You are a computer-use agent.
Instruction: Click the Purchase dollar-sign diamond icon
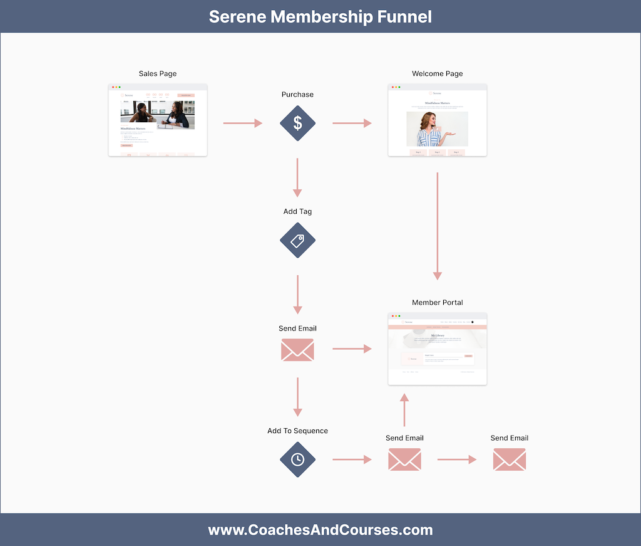pyautogui.click(x=297, y=123)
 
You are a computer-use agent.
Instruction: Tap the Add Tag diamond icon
pyautogui.click(x=297, y=240)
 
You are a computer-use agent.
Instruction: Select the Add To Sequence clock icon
pyautogui.click(x=297, y=459)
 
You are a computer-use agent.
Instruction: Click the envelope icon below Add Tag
pyautogui.click(x=297, y=350)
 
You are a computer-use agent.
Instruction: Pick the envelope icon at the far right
pyautogui.click(x=509, y=459)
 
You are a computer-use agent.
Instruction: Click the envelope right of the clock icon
pyautogui.click(x=404, y=459)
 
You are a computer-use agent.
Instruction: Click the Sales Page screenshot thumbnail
pyautogui.click(x=158, y=120)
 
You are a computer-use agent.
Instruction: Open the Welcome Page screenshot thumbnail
pyautogui.click(x=437, y=120)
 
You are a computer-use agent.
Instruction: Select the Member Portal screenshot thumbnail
pyautogui.click(x=437, y=349)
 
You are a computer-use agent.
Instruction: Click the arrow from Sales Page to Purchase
pyautogui.click(x=243, y=123)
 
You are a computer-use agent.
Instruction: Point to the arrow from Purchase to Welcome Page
pyautogui.click(x=352, y=123)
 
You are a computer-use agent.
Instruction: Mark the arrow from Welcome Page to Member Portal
pyautogui.click(x=437, y=226)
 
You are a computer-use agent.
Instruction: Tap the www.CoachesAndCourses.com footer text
pyautogui.click(x=320, y=530)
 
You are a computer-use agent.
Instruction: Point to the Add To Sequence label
pyautogui.click(x=297, y=431)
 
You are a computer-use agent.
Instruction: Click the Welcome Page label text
pyautogui.click(x=437, y=73)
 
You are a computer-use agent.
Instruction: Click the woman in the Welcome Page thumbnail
pyautogui.click(x=431, y=129)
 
